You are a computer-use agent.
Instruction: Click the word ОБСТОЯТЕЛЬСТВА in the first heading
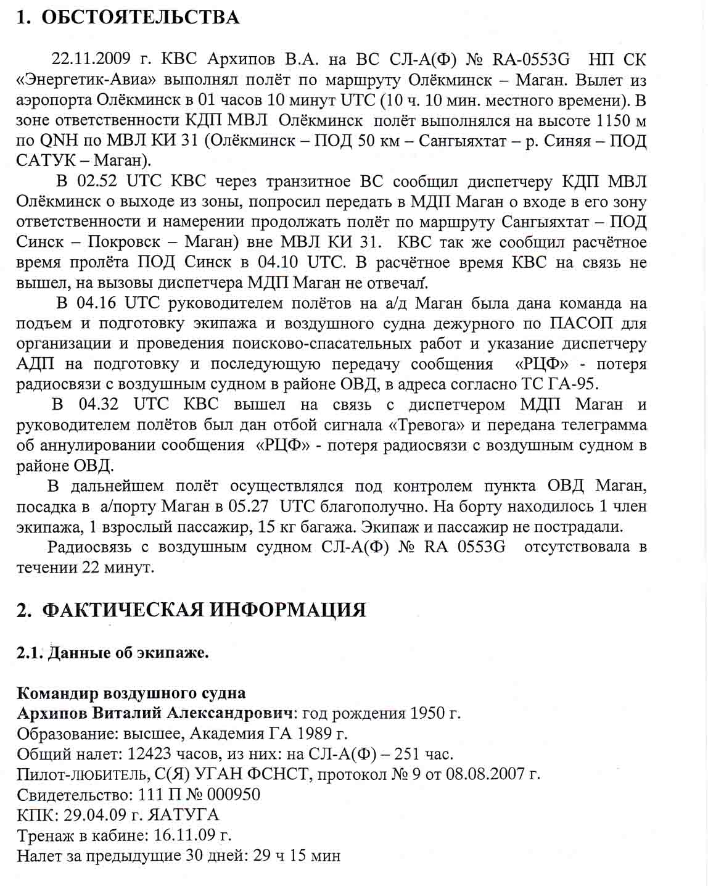point(140,17)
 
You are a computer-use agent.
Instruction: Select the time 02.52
point(98,181)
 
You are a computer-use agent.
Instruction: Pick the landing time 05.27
point(249,507)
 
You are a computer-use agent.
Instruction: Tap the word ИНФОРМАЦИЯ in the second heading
point(289,610)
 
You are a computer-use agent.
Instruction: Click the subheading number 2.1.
point(30,653)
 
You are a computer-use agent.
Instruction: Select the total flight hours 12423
point(150,754)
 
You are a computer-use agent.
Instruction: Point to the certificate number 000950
point(233,795)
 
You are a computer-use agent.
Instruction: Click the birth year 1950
point(426,713)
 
